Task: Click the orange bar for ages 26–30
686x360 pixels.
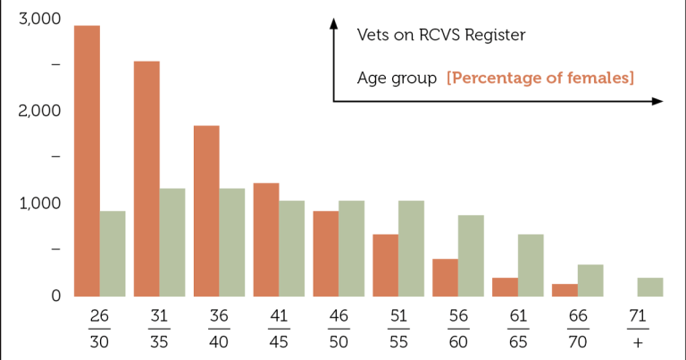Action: pyautogui.click(x=87, y=161)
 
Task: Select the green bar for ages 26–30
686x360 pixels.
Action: pyautogui.click(x=113, y=254)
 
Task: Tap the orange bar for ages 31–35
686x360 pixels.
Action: pyautogui.click(x=146, y=179)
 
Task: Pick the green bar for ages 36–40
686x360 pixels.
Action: pyautogui.click(x=232, y=242)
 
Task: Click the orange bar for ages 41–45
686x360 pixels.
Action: pyautogui.click(x=266, y=239)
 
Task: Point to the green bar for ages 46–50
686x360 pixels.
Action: pyautogui.click(x=352, y=248)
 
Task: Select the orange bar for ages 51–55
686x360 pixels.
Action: pyautogui.click(x=386, y=265)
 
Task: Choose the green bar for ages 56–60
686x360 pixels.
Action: pyautogui.click(x=472, y=255)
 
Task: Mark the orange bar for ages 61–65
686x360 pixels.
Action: pyautogui.click(x=506, y=287)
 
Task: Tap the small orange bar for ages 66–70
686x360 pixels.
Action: pyautogui.click(x=565, y=290)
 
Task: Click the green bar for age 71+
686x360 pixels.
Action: pyautogui.click(x=650, y=287)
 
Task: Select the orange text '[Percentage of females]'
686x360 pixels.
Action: pyautogui.click(x=540, y=78)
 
